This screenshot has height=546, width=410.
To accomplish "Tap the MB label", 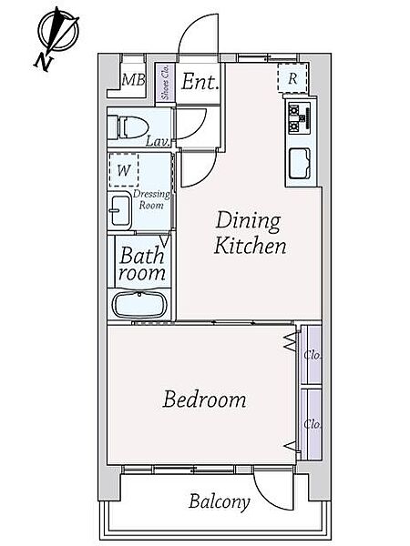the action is pyautogui.click(x=133, y=80).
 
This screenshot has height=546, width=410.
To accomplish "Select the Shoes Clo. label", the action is pyautogui.click(x=165, y=83).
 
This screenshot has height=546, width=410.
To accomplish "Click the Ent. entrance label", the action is pyautogui.click(x=200, y=82).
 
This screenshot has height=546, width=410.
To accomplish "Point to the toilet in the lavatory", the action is pyautogui.click(x=128, y=127).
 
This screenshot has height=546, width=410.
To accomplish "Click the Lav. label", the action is pyautogui.click(x=158, y=141).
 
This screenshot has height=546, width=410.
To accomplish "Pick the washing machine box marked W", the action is pyautogui.click(x=124, y=171).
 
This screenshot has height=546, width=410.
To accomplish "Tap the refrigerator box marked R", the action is pyautogui.click(x=292, y=78).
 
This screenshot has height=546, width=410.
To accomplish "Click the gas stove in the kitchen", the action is pyautogui.click(x=300, y=118).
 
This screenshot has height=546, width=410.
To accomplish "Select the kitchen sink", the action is pyautogui.click(x=300, y=163).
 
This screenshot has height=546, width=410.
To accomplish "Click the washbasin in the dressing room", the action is pyautogui.click(x=119, y=211).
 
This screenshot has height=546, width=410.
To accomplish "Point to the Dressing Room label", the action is pyautogui.click(x=151, y=199).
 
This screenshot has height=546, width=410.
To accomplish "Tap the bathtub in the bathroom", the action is pyautogui.click(x=139, y=304).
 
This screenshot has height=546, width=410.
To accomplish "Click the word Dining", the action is pyautogui.click(x=248, y=221).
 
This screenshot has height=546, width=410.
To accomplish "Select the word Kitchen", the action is pyautogui.click(x=250, y=245).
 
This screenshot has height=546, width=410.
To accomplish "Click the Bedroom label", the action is pyautogui.click(x=205, y=399).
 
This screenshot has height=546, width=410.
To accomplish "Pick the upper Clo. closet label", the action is pyautogui.click(x=312, y=355).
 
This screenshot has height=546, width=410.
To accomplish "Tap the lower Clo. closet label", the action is pyautogui.click(x=312, y=424).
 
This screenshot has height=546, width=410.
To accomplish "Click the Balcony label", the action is pyautogui.click(x=220, y=502).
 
